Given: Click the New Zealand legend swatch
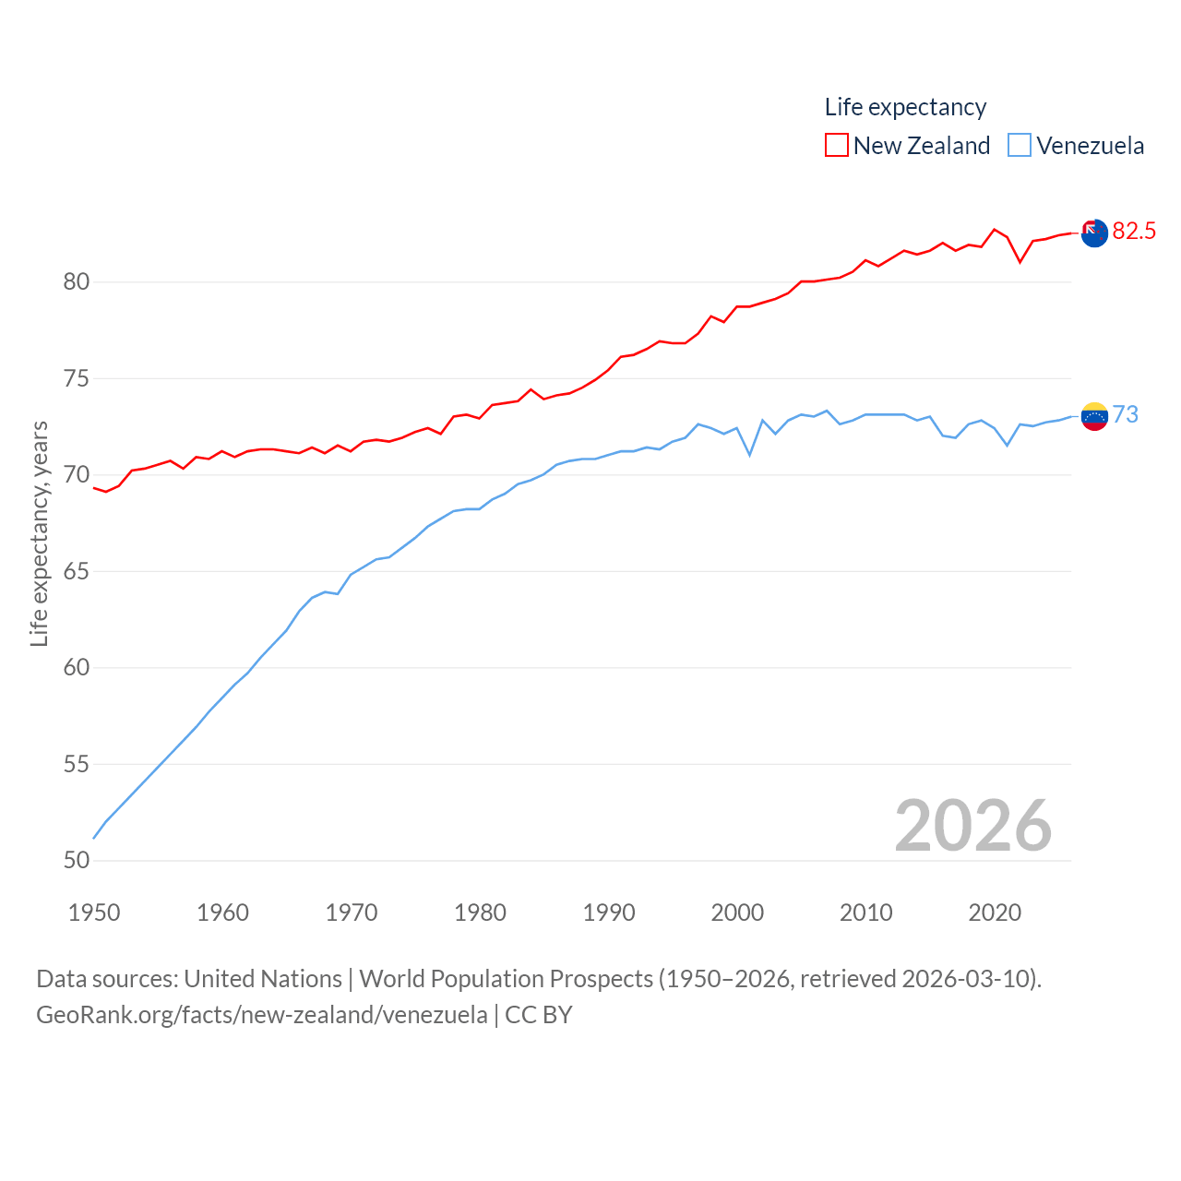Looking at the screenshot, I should click(x=836, y=146).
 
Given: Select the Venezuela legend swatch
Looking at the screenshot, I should click(x=1019, y=146).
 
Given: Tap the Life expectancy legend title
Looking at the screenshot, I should click(x=905, y=107).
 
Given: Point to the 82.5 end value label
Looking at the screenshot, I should click(x=1134, y=231).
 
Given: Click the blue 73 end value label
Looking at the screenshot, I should click(x=1125, y=414).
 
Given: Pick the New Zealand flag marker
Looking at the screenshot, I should click(x=1094, y=233).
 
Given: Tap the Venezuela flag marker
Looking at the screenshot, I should click(x=1094, y=416).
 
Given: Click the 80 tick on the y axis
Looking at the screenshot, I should click(x=77, y=282).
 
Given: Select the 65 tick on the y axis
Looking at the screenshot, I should click(x=77, y=571).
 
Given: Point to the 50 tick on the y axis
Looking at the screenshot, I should click(x=77, y=860).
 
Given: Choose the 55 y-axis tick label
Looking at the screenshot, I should click(x=77, y=764).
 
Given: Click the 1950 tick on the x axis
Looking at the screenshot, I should click(x=94, y=913).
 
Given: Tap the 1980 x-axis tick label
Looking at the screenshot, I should click(x=480, y=913).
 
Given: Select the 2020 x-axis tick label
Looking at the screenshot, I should click(x=995, y=913).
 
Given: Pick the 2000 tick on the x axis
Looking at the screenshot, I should click(x=737, y=913).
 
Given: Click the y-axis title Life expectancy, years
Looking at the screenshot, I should click(x=39, y=533).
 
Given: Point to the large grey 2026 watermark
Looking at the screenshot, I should click(x=972, y=825).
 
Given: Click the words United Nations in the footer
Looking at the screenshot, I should click(x=263, y=978).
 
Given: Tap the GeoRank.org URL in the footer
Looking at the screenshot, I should click(x=262, y=1015).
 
